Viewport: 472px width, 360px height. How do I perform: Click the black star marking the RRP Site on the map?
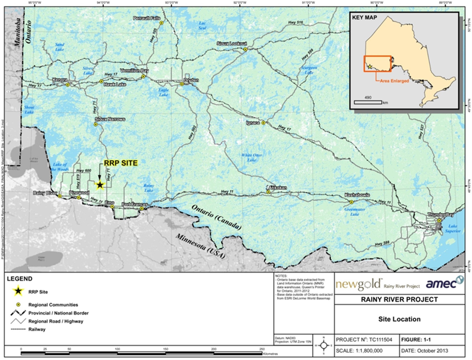(x=100, y=185)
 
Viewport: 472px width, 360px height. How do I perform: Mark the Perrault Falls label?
(x=146, y=18)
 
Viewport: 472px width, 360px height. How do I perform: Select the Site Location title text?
(x=400, y=319)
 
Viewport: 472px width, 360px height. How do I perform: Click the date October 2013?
(x=432, y=351)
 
